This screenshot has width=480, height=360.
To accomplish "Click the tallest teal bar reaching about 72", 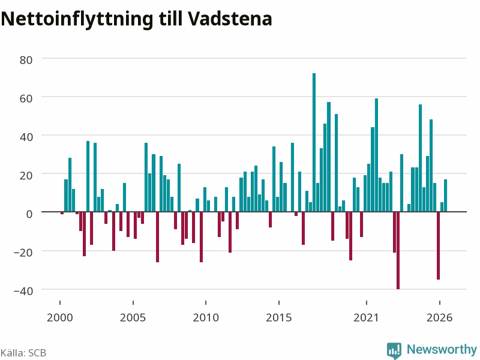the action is point(314,142).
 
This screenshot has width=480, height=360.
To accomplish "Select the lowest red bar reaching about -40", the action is point(398,250).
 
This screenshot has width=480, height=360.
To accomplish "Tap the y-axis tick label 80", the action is point(26,60).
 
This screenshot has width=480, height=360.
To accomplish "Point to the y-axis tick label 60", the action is point(26,98).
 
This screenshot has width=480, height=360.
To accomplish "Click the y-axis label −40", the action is point(23,291).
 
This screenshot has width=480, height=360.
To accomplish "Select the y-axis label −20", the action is point(23,253).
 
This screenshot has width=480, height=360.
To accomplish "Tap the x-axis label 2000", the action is point(59,317).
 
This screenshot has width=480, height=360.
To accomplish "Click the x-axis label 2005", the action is point(133,317).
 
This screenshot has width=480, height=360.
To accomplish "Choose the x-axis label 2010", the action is point(206,317).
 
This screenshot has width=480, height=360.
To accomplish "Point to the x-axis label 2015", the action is point(279,317).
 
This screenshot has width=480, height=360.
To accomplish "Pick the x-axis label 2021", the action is point(367,317).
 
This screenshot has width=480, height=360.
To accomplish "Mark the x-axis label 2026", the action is point(440,317).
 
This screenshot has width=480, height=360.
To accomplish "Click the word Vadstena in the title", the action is point(230,19).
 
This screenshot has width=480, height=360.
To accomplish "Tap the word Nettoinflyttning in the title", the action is point(77,20).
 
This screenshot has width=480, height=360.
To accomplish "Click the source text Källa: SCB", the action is point(23,353).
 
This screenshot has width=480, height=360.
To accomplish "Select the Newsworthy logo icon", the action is point(394,350).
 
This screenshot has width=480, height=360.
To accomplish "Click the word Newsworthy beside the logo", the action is point(442,349).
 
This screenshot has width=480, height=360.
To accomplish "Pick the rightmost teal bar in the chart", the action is point(445,196).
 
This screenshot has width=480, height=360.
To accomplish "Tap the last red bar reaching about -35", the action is point(439,245).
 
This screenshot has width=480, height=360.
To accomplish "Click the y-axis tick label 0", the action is point(29,214).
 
